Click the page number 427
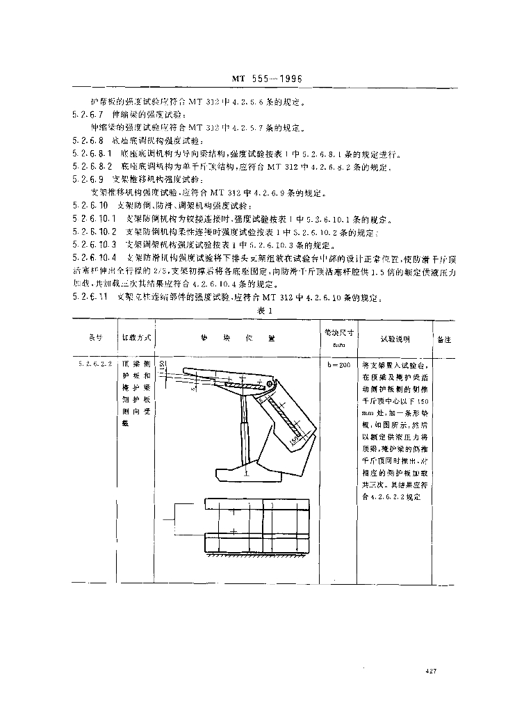tap(429, 671)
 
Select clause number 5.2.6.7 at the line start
tap(88, 115)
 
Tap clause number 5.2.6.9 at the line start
tap(88, 179)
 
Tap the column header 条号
tap(95, 339)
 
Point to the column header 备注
tap(443, 339)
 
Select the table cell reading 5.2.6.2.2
tap(95, 364)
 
